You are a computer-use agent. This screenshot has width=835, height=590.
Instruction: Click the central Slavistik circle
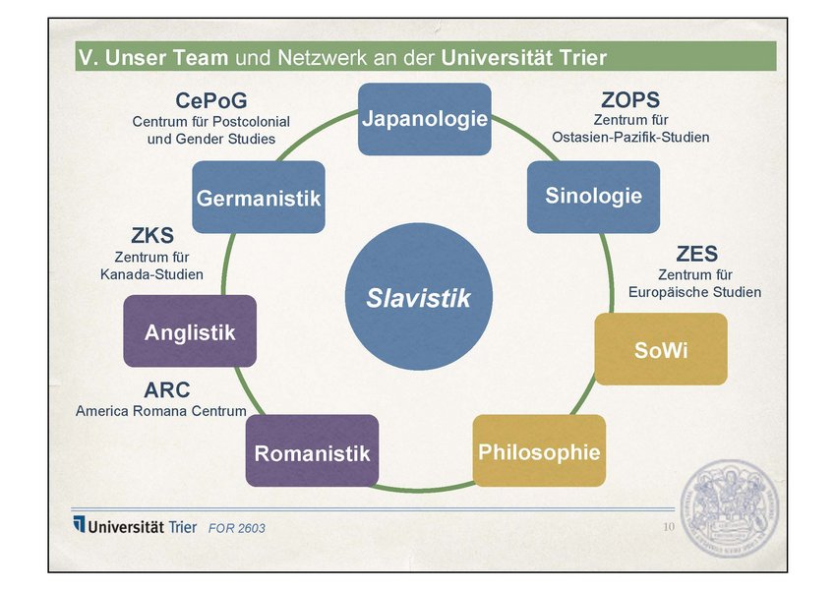(x=419, y=297)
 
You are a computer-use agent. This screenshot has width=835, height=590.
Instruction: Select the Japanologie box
(x=425, y=119)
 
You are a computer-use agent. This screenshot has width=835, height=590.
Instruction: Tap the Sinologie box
(x=593, y=197)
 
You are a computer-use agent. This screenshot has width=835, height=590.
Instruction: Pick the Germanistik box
(x=259, y=197)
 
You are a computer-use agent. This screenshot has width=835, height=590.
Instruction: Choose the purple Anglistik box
(x=190, y=331)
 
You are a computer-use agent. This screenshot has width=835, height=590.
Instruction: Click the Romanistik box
(x=312, y=450)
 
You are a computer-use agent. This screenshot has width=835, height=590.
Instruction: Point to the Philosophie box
(x=539, y=450)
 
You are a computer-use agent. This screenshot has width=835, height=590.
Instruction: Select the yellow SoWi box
(x=661, y=349)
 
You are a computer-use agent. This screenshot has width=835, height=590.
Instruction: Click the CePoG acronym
(x=211, y=100)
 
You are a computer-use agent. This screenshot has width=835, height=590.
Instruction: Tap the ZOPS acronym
(x=630, y=100)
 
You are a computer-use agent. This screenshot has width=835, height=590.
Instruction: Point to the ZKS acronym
(x=152, y=235)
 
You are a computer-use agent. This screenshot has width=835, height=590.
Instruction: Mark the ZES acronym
(x=696, y=254)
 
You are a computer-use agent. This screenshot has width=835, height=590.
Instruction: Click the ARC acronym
(x=166, y=390)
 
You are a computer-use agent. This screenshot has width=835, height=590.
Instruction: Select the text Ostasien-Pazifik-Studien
(x=630, y=138)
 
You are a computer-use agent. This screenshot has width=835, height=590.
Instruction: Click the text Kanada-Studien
(x=151, y=274)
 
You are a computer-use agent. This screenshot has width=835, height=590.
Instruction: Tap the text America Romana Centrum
(x=161, y=411)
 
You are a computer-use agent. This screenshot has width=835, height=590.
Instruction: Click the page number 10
(x=669, y=527)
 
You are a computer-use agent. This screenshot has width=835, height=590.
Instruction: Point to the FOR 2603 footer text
(x=236, y=528)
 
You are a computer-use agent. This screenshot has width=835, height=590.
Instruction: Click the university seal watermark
(x=730, y=508)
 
